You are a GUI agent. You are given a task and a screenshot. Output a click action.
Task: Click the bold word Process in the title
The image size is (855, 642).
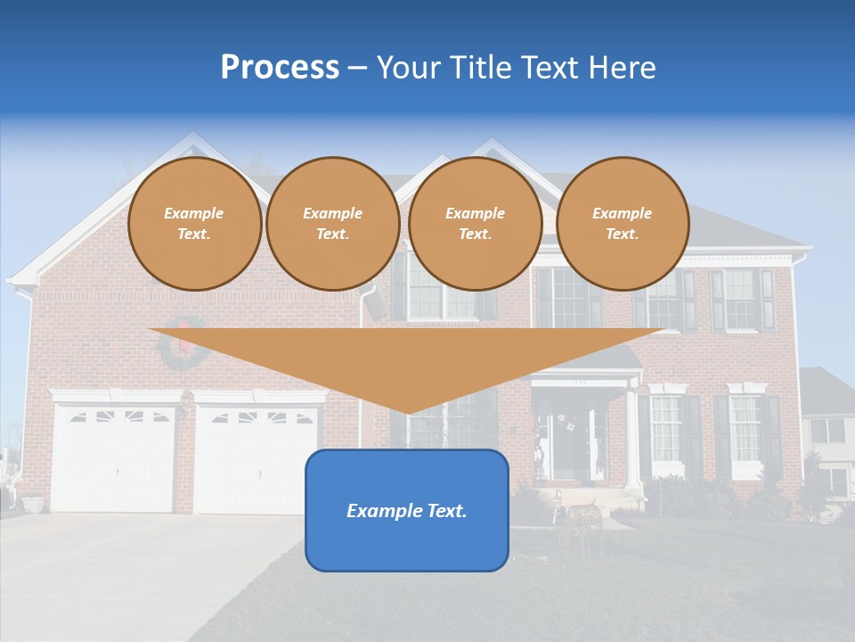(280, 68)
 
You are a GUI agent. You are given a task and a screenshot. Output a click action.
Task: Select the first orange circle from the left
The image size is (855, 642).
(194, 224)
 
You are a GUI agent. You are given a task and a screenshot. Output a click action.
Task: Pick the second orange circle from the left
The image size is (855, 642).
(332, 224)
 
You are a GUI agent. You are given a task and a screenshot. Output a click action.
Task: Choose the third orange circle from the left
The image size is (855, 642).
(475, 224)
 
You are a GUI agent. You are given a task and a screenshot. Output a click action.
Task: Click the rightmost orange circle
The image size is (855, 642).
(622, 224)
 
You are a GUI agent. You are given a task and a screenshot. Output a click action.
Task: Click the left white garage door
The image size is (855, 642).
(114, 459)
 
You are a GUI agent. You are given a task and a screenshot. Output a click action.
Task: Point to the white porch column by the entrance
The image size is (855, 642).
(631, 437)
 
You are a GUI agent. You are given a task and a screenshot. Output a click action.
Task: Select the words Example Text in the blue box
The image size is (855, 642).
(406, 511)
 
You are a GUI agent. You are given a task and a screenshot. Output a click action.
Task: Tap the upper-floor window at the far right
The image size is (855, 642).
(741, 299)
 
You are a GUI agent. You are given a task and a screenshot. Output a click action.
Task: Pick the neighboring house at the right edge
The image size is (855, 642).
(828, 437)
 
